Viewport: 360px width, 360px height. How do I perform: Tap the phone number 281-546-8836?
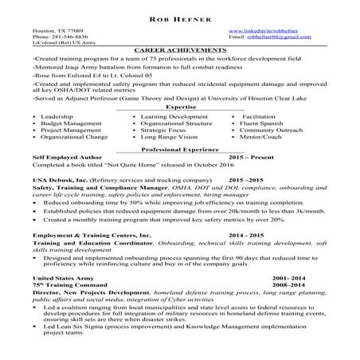point(69,37)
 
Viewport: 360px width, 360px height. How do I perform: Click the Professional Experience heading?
point(179,150)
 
